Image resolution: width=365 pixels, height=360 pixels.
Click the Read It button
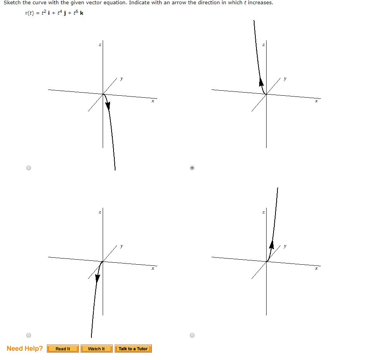(63, 349)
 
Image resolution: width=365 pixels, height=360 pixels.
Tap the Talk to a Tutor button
(133, 349)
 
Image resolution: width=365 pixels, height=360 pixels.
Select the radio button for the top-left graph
(28, 168)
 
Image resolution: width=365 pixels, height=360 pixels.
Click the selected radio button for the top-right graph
(192, 168)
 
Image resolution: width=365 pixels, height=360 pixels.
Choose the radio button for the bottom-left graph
(28, 335)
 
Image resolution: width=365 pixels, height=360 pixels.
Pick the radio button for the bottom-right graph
(192, 335)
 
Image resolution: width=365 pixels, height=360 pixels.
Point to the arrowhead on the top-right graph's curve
(262, 82)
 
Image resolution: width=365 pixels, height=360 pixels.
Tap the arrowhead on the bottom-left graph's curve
(98, 277)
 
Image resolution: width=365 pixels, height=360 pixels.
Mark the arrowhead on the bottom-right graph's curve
(272, 245)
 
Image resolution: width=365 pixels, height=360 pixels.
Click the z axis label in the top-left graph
(100, 45)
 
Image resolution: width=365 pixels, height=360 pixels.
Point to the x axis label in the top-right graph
(316, 101)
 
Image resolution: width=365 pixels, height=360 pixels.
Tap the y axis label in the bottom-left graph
(122, 246)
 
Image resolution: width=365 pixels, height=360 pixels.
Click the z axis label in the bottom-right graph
(263, 212)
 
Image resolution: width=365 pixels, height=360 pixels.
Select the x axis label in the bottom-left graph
(153, 268)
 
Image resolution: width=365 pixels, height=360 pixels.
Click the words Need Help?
(25, 348)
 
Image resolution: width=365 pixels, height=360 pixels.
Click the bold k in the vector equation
(82, 13)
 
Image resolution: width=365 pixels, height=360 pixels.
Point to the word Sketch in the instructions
(12, 3)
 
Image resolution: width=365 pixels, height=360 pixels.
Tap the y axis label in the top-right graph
(285, 78)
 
